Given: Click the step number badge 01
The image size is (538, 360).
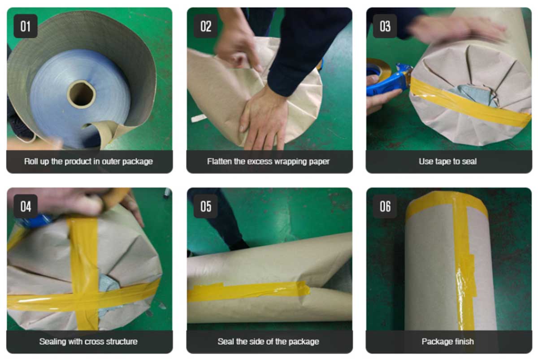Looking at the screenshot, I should [26, 26].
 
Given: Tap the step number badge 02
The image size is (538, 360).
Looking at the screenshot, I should [206, 26].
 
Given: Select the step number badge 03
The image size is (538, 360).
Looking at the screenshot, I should [385, 26].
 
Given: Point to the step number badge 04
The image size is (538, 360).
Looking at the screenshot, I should [26, 206].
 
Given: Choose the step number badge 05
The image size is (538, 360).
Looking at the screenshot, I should [206, 206].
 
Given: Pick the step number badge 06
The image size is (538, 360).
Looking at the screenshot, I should [385, 206].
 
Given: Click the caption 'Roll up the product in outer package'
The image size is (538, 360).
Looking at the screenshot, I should [88, 161].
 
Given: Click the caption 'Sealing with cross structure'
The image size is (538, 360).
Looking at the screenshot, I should [88, 342].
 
